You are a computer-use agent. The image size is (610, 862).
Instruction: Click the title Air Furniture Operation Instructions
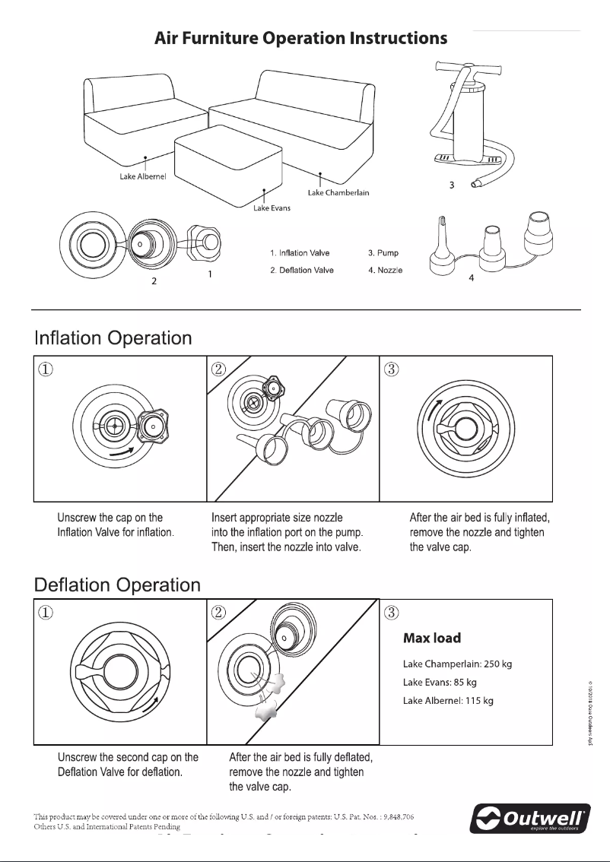coord(300,38)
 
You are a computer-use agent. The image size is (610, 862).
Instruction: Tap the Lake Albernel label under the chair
coord(136,176)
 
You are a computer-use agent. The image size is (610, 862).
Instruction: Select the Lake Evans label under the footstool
coord(272,209)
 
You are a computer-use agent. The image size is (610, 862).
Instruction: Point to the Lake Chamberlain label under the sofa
coord(338,192)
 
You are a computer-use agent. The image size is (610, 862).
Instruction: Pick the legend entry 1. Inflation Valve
coord(299,252)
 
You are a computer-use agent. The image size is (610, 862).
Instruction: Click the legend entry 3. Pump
coord(383,252)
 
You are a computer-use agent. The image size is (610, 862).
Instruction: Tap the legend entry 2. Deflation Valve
coord(301,270)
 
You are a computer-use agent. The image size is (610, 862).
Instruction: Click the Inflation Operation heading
coord(113,338)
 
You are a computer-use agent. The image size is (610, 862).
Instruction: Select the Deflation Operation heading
coord(117,585)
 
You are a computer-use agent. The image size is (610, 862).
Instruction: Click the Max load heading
coord(431,638)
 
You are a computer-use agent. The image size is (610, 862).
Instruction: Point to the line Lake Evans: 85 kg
coord(440,682)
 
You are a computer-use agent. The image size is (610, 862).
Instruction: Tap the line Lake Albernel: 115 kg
coord(448,700)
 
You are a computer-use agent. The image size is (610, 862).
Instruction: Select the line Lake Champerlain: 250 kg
coord(457,664)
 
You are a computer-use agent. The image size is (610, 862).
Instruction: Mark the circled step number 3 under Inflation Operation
coord(391,368)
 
